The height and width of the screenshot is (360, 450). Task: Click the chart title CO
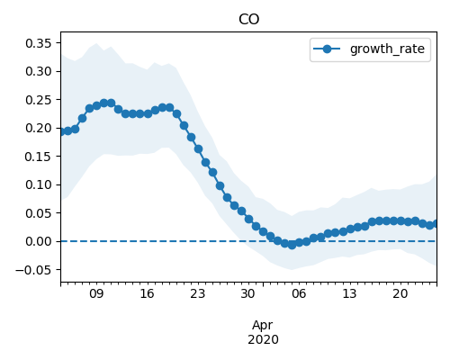[248, 20]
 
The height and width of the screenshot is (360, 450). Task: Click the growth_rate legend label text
[387, 49]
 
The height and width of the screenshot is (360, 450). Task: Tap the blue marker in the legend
[327, 49]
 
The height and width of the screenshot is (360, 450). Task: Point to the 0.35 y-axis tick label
[39, 43]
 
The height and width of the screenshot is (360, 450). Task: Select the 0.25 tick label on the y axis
[39, 100]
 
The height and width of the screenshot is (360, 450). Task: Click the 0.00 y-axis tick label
[39, 241]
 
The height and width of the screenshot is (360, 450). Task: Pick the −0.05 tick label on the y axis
[33, 270]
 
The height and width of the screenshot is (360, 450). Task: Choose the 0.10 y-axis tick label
[39, 184]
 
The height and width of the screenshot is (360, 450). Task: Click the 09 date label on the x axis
[96, 293]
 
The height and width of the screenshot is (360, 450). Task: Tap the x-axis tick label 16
[147, 293]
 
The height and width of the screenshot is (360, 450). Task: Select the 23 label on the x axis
[198, 293]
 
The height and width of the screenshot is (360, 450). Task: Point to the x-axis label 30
[248, 293]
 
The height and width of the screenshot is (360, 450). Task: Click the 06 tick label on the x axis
[299, 293]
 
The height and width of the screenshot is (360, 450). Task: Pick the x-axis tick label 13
[349, 293]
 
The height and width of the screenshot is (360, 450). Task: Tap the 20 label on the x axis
[400, 293]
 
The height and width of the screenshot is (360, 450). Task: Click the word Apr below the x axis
[263, 326]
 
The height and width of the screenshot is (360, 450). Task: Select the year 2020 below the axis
[263, 339]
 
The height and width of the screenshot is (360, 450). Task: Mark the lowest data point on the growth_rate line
[292, 245]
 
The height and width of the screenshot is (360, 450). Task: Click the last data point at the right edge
[436, 223]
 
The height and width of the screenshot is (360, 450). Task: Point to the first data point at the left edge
[61, 131]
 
